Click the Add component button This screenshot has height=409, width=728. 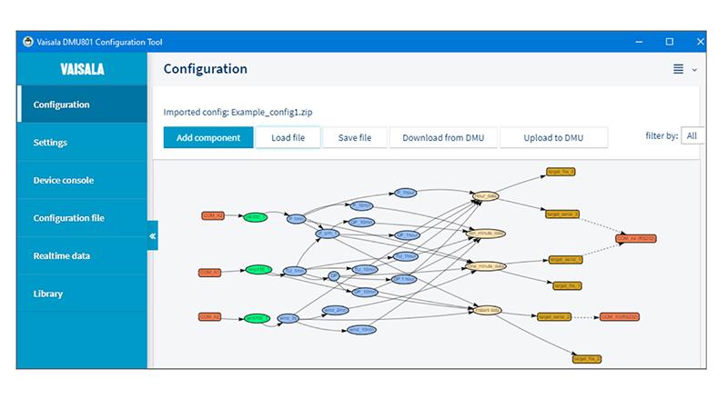(x=208, y=137)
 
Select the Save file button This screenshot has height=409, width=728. (x=354, y=137)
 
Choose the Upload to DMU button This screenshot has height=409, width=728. (x=553, y=137)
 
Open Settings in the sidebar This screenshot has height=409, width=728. (x=50, y=143)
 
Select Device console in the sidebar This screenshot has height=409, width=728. (x=63, y=180)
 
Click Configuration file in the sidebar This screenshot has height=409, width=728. (x=68, y=218)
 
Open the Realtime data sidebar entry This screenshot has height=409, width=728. (x=61, y=256)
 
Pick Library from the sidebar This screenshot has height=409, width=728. (x=48, y=294)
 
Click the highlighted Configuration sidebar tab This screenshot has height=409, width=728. (x=61, y=105)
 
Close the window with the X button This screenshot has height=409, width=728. (x=699, y=42)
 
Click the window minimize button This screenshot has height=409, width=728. (x=638, y=42)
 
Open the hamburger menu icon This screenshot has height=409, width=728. (x=678, y=70)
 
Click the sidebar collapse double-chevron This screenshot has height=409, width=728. (x=153, y=236)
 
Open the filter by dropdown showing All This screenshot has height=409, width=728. (x=693, y=136)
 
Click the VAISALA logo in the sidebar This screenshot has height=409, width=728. (x=82, y=69)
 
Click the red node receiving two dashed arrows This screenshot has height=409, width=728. (x=635, y=238)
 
